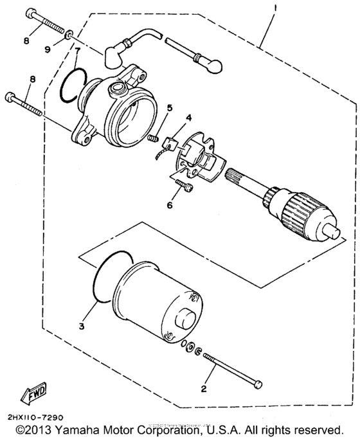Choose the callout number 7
76,50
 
